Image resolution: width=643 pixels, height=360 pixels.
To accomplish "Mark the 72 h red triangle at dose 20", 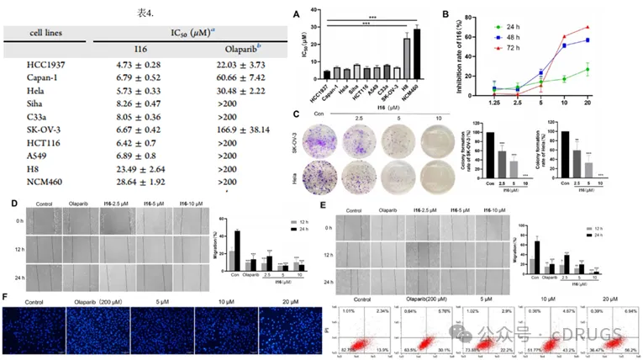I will point(609,27).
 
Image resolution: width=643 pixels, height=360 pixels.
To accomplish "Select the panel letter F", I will point(7,295).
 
